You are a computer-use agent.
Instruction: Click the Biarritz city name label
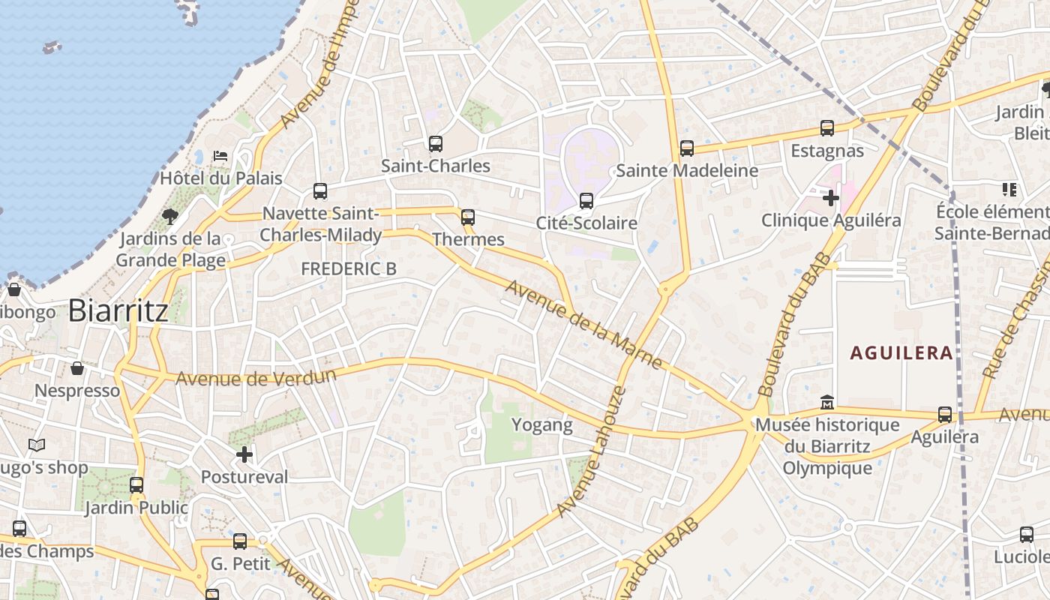[x=118, y=311]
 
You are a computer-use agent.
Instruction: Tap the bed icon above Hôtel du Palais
[x=220, y=155]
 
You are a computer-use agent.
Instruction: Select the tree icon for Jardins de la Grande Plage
[x=170, y=217]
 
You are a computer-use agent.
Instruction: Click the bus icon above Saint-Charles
[x=435, y=143]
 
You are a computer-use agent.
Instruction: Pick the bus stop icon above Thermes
[x=468, y=217]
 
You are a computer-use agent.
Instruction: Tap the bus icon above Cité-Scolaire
[x=586, y=200]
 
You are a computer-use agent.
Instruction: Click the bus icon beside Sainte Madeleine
[x=686, y=148]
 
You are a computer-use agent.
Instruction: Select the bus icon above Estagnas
[x=827, y=128]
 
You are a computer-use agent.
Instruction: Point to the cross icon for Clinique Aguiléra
[x=831, y=198]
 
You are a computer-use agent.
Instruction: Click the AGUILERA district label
[x=901, y=352]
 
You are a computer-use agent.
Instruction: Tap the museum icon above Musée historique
[x=827, y=403]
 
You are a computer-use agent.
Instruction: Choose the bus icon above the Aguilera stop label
[x=945, y=414]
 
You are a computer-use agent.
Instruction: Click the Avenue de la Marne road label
[x=583, y=325]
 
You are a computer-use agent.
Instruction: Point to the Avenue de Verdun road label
[x=256, y=376]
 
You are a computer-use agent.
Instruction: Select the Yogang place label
[x=541, y=425]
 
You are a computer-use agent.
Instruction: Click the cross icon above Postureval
[x=244, y=454]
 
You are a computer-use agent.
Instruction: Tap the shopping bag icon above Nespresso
[x=77, y=368]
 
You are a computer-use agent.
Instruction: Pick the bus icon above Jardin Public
[x=136, y=484]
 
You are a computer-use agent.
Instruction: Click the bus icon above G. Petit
[x=239, y=541]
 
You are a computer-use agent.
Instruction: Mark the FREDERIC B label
[x=348, y=268]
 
